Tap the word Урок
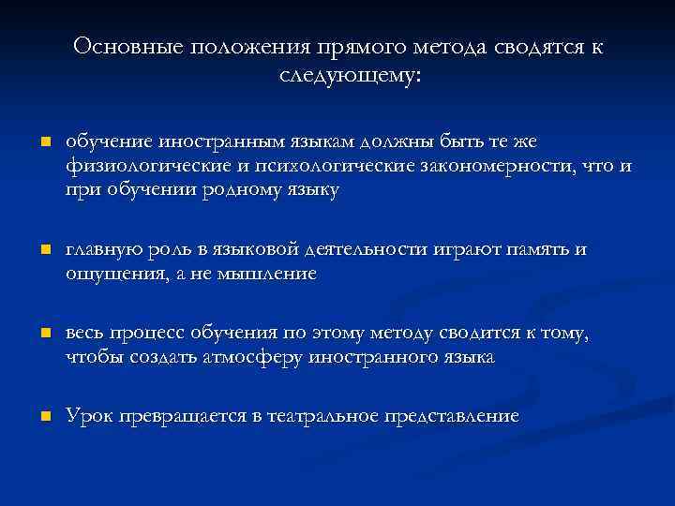90,416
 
